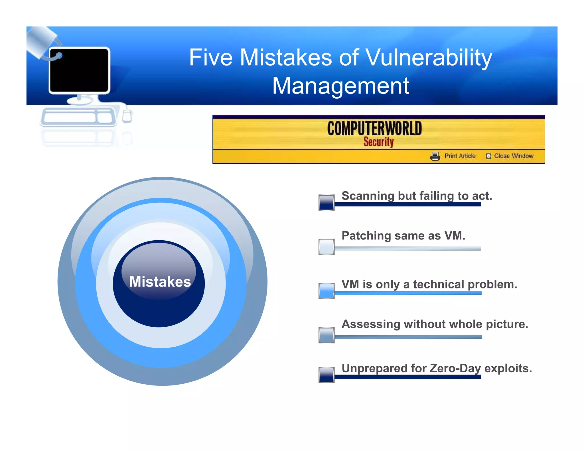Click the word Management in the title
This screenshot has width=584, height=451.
click(341, 86)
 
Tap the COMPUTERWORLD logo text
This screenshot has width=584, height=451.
click(374, 129)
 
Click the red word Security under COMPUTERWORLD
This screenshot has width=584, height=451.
click(378, 142)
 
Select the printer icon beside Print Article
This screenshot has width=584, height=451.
click(435, 156)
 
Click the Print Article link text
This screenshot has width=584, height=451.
click(460, 156)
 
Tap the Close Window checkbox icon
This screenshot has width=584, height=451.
click(488, 156)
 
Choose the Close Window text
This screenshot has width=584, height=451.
click(514, 156)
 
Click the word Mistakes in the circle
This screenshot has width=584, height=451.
click(160, 282)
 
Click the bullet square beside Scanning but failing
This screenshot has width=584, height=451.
click(326, 203)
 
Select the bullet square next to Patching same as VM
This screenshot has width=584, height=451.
click(326, 247)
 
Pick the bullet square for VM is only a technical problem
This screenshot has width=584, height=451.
click(326, 291)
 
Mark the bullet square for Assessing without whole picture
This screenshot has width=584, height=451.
click(326, 335)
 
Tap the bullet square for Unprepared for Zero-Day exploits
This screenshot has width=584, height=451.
click(326, 375)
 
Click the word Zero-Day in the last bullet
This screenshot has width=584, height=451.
click(455, 369)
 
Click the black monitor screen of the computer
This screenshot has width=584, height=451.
click(79, 70)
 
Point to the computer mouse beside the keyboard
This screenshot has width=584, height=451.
click(127, 116)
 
